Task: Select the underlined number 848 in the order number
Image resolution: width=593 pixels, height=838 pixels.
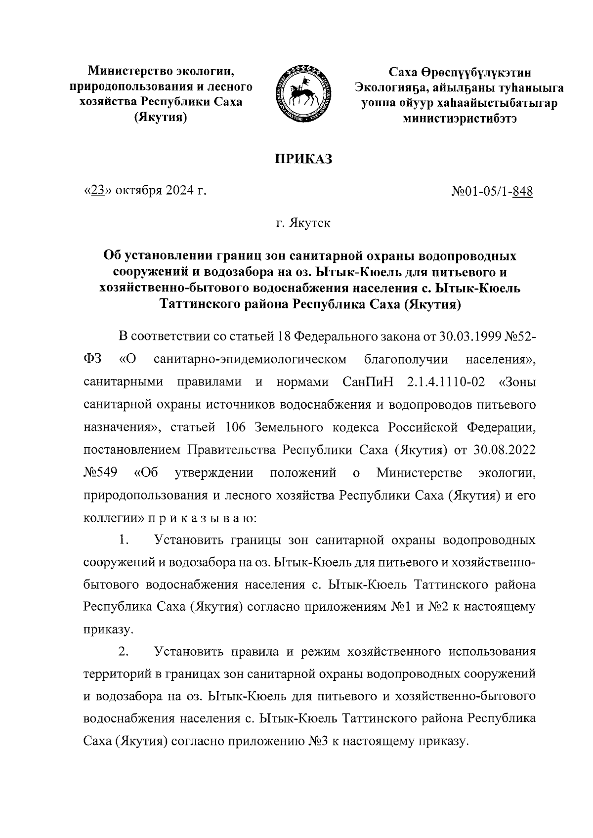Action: click(x=523, y=191)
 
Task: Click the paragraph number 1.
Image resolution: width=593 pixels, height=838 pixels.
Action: click(x=124, y=541)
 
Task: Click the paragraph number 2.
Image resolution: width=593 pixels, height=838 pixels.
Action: click(x=124, y=652)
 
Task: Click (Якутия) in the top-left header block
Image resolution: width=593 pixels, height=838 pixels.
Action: click(x=161, y=118)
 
